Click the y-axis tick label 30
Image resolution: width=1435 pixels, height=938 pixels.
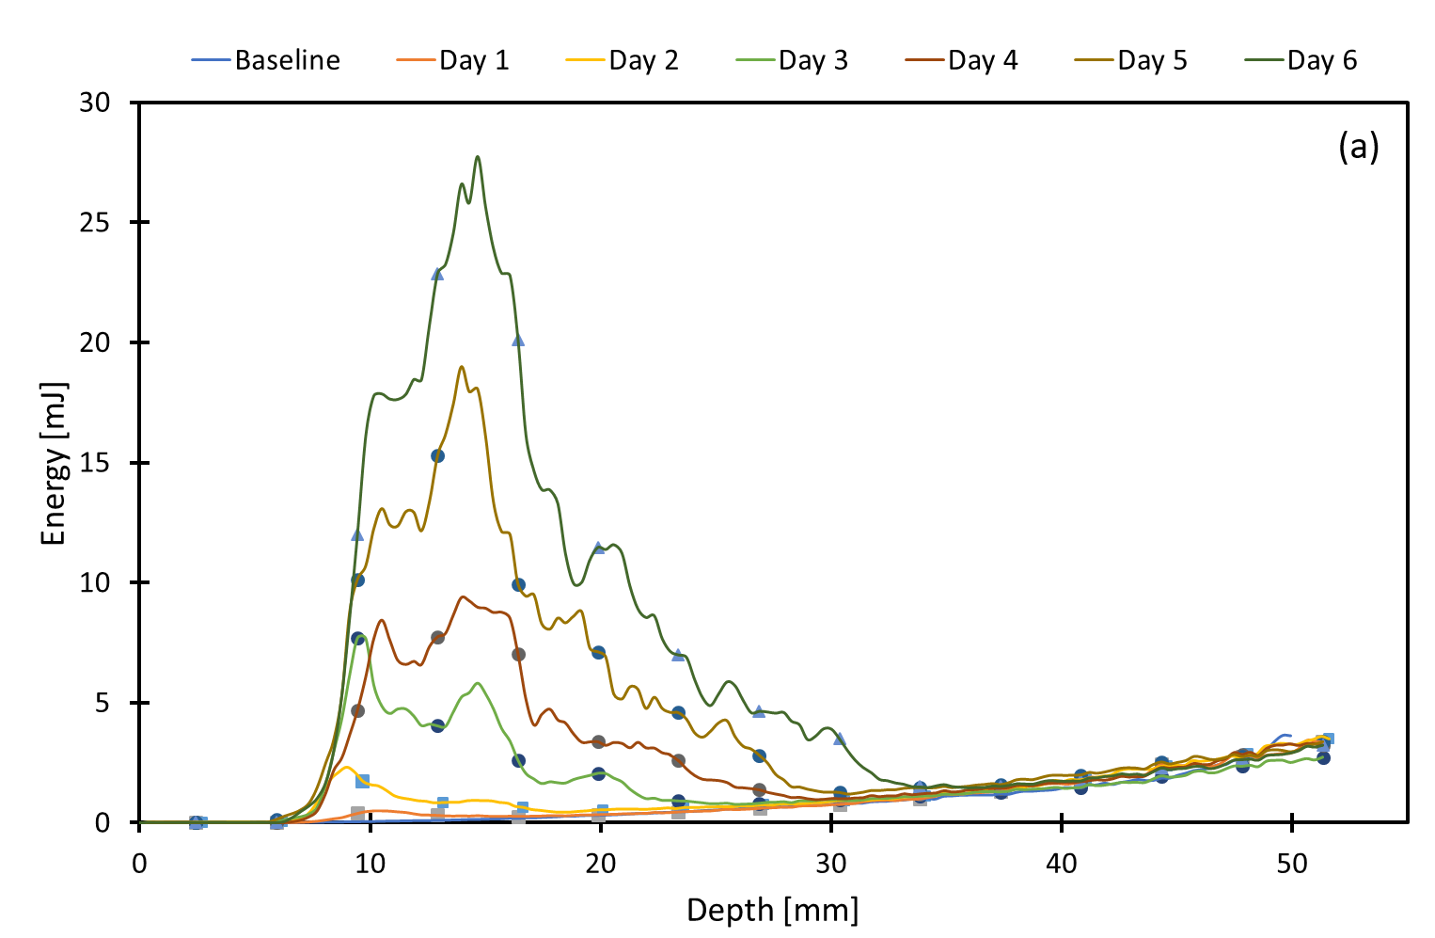pos(94,103)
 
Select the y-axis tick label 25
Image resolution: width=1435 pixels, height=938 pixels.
pos(94,223)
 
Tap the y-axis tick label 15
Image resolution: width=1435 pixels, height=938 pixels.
pos(94,463)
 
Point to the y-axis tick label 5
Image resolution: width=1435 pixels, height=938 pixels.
pos(103,703)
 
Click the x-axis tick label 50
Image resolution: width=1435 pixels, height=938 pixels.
pos(1292,863)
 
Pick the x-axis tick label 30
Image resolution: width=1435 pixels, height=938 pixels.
pos(831,863)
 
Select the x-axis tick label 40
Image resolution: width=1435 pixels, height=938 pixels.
pos(1062,863)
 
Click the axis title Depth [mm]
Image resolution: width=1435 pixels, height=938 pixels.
pos(772,910)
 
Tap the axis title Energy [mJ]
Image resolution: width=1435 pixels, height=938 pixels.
pos(54,463)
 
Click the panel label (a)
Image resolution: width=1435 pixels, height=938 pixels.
pos(1358,147)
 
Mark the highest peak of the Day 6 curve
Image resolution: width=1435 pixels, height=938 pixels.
pos(478,156)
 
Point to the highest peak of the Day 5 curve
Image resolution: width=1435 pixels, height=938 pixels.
pos(461,367)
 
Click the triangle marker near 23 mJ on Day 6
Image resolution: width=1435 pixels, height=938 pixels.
pos(437,274)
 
